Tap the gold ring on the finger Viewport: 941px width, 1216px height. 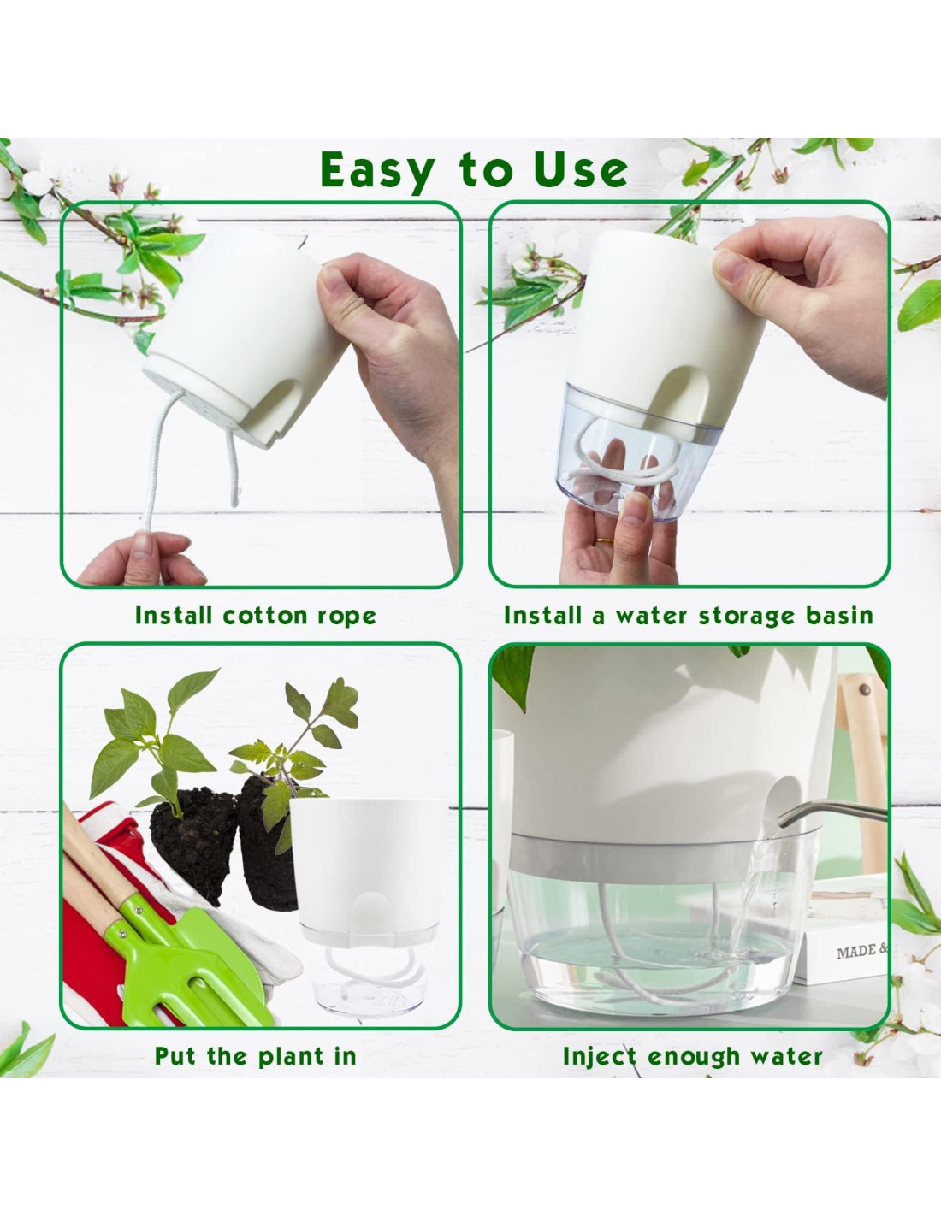click(x=604, y=541)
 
